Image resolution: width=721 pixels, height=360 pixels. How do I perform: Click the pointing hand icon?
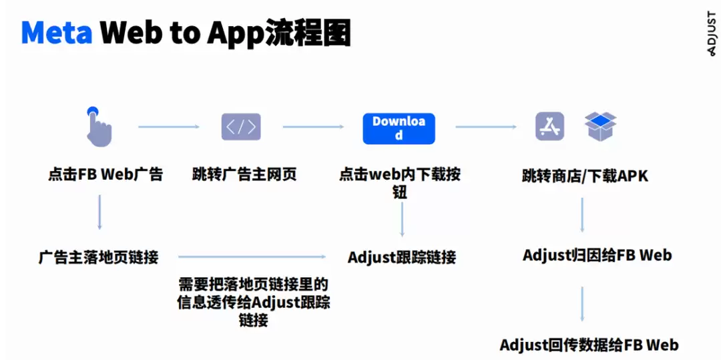point(99,126)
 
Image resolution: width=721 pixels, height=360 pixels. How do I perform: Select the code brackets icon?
point(241,127)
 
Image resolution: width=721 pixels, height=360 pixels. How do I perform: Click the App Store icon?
point(549,126)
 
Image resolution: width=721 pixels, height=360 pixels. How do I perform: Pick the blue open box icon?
point(600,126)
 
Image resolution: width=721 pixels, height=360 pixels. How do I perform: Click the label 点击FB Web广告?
point(105,175)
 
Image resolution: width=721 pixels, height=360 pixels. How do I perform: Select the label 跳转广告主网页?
point(244,175)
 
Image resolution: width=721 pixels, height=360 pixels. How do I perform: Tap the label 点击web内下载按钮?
point(399,183)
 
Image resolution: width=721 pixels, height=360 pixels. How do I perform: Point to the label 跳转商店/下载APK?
point(585,176)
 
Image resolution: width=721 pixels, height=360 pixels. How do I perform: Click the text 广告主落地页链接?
point(98,256)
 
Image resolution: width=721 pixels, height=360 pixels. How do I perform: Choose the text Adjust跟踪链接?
point(402,257)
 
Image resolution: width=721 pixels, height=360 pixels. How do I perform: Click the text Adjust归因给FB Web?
point(597,255)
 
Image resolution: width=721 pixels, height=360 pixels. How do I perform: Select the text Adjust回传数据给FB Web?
point(589,345)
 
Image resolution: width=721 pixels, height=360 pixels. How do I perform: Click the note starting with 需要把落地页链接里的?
point(254,302)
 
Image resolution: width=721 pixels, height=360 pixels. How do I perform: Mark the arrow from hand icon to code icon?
point(169,126)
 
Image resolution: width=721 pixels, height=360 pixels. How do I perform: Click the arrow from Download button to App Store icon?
point(486,126)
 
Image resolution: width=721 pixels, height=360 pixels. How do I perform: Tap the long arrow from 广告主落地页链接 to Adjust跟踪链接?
point(252,256)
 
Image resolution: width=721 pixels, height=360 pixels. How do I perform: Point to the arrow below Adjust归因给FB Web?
point(583,303)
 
